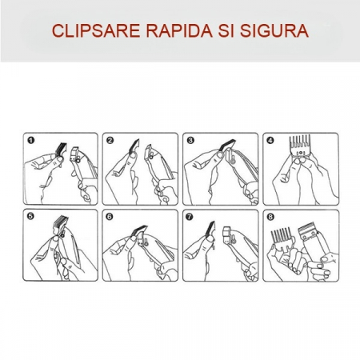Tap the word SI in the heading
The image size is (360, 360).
pyautogui.click(x=226, y=30)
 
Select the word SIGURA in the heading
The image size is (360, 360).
pyautogui.click(x=274, y=30)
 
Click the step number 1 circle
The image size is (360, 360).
pyautogui.click(x=31, y=140)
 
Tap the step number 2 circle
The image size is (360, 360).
pyautogui.click(x=110, y=140)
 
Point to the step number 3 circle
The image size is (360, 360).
pyautogui.click(x=190, y=140)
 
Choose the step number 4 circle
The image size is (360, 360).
pyautogui.click(x=270, y=140)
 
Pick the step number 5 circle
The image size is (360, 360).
pyautogui.click(x=30, y=216)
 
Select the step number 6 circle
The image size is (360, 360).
pyautogui.click(x=110, y=217)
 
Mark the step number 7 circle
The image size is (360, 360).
pyautogui.click(x=190, y=217)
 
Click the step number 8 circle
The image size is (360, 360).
pyautogui.click(x=270, y=217)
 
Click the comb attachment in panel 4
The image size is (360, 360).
pyautogui.click(x=300, y=146)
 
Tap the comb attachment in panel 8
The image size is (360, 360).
pyautogui.click(x=282, y=238)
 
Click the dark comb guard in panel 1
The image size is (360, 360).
pyautogui.click(x=61, y=149)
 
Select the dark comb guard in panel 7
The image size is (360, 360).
pyautogui.click(x=210, y=230)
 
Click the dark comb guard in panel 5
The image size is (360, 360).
pyautogui.click(x=61, y=223)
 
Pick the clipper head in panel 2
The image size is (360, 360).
pyautogui.click(x=150, y=154)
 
